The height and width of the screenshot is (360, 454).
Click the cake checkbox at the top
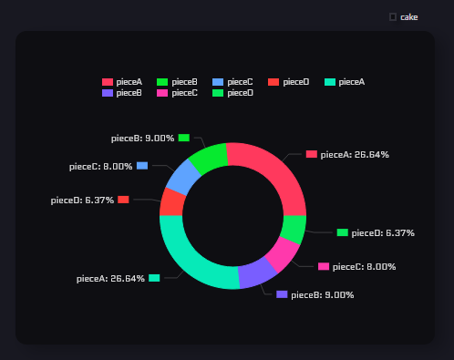393,16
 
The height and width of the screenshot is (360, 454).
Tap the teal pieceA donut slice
191,260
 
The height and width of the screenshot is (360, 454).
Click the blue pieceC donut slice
180,176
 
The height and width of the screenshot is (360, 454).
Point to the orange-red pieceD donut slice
171,201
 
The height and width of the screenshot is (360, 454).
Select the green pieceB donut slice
208,157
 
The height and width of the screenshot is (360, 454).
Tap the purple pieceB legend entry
122,93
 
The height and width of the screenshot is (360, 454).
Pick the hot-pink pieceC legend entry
178,93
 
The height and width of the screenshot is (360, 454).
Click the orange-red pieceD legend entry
289,82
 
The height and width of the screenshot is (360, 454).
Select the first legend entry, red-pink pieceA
122,82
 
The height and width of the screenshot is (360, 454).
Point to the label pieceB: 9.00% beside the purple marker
322,295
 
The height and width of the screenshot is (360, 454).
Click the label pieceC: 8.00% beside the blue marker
100,167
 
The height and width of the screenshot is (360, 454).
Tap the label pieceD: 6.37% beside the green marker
383,233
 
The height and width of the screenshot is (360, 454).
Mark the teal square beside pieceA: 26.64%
154,278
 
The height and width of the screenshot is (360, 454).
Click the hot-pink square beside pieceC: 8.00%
324,267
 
